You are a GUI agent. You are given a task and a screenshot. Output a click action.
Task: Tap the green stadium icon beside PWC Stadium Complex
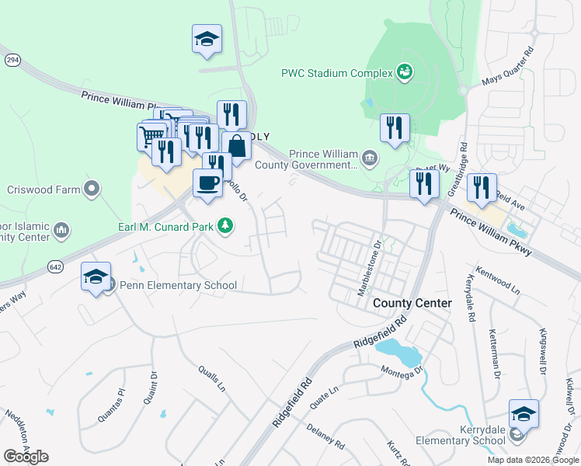click(x=404, y=73)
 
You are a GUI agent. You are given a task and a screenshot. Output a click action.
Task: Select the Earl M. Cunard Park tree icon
click(x=225, y=225)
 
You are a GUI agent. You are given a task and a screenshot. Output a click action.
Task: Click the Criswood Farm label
click(x=43, y=189)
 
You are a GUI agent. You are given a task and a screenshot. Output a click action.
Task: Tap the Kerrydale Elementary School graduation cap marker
click(x=524, y=414)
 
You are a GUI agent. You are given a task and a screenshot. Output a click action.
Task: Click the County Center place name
click(x=412, y=303)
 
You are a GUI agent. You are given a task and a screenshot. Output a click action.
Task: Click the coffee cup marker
click(x=207, y=183)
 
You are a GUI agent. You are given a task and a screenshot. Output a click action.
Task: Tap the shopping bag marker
click(x=237, y=145)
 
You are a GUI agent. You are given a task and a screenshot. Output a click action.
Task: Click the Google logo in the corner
click(x=26, y=457)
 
